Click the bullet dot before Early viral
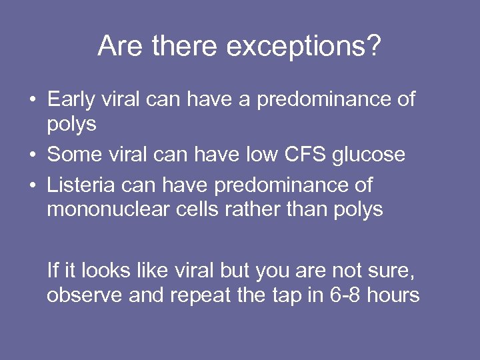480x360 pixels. (32, 101)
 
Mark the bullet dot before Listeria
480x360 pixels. (32, 185)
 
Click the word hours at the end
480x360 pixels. (393, 295)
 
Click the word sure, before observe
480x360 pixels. (399, 270)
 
